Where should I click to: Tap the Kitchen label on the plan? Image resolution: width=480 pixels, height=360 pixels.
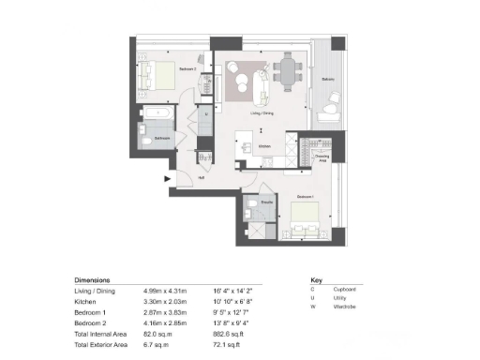click(x=264, y=145)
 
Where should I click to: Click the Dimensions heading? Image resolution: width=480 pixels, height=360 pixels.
click(x=92, y=280)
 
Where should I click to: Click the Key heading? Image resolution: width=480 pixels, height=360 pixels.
click(x=315, y=280)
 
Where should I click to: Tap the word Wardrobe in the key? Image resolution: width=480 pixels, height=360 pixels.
click(x=342, y=309)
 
